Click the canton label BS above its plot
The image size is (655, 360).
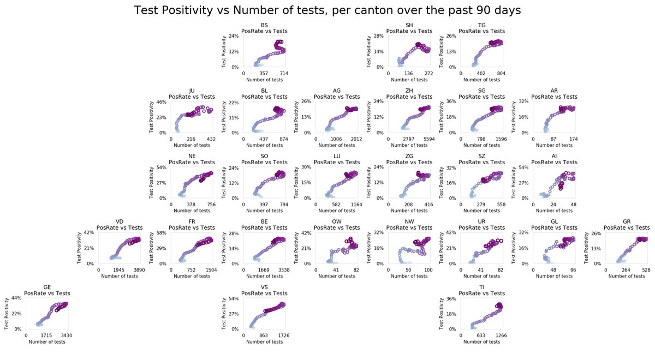tap(264, 25)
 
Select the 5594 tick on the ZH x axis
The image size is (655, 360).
tap(429, 139)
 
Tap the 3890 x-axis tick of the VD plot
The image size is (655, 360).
tap(139, 270)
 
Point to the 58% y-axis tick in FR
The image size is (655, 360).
tap(163, 233)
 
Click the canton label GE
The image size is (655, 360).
tap(47, 287)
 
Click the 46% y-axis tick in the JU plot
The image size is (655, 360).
tap(163, 102)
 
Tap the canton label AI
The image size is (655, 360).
tap(555, 156)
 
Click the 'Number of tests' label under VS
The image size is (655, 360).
tap(264, 341)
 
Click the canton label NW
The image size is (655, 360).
tap(409, 221)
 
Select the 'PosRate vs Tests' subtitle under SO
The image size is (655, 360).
tap(264, 162)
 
